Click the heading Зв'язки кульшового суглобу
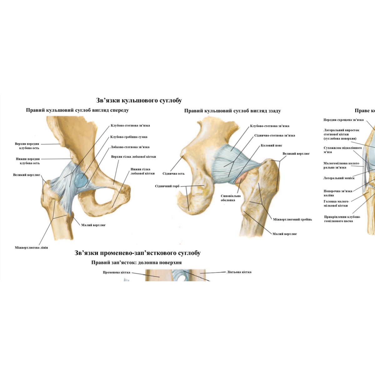(139, 101)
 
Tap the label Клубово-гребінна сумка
(129, 137)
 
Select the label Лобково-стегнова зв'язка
(130, 147)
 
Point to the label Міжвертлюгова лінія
(31, 247)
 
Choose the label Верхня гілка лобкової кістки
(133, 157)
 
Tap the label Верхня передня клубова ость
(27, 146)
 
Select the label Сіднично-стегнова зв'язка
(274, 136)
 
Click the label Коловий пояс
(271, 145)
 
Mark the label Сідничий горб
(167, 186)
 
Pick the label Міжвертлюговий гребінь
(292, 219)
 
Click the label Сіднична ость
(173, 173)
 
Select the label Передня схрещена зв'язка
(343, 120)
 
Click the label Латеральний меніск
(339, 178)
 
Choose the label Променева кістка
(117, 272)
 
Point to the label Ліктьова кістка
(239, 272)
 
